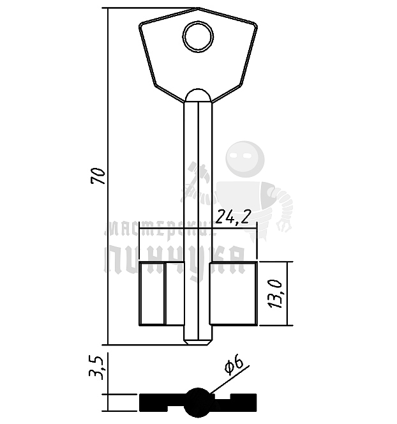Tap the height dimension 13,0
point(276,294)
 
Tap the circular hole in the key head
point(197,36)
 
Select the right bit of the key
point(233,294)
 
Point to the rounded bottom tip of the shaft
point(197,341)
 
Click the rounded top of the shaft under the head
point(197,95)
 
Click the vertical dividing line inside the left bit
point(165,294)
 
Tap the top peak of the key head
point(198,8)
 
